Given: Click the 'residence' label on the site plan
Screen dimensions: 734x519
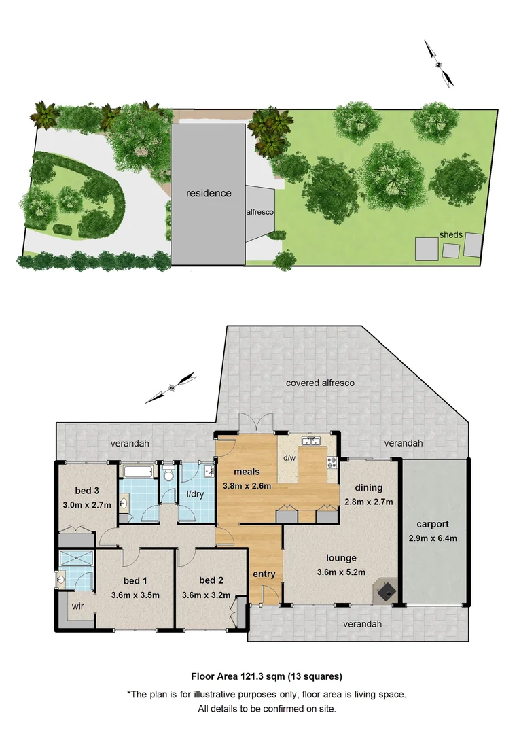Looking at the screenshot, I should click(x=209, y=193).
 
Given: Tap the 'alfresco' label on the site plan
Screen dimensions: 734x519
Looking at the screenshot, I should click(x=260, y=212).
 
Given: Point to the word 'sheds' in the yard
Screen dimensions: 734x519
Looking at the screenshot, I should click(x=450, y=235).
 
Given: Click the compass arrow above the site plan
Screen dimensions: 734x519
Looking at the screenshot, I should click(x=439, y=63).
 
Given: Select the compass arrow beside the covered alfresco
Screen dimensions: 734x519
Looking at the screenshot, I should click(x=175, y=386).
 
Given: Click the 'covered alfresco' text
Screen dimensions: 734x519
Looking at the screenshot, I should click(x=320, y=383).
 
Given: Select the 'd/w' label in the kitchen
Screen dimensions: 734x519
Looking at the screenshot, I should click(x=288, y=457).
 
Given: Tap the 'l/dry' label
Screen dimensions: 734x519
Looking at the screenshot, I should click(x=195, y=494).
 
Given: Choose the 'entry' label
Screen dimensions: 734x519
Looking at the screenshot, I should click(x=264, y=574).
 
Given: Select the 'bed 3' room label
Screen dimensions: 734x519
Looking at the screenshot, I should click(x=87, y=491).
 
